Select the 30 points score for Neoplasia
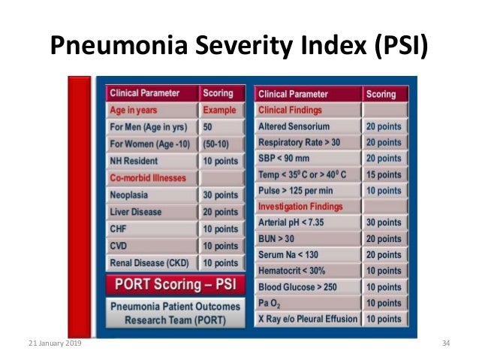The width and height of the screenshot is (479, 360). click(220, 195)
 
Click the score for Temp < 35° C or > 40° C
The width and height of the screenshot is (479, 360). click(384, 174)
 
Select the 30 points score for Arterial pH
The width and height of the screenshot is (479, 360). click(384, 222)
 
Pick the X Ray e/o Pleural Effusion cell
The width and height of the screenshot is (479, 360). click(306, 319)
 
